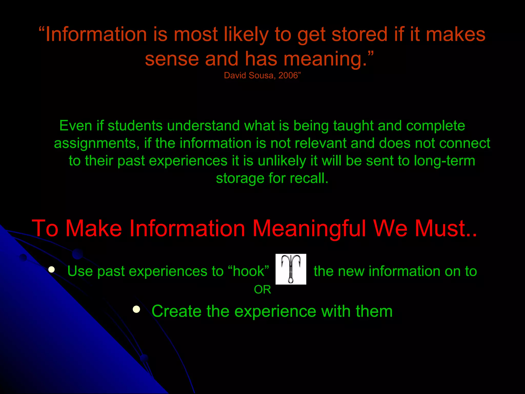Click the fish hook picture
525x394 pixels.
click(x=291, y=269)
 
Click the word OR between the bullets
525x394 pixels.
click(x=262, y=290)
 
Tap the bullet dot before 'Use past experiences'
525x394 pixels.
click(x=52, y=269)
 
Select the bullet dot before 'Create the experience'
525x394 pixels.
click(x=136, y=309)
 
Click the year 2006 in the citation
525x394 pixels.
click(x=288, y=75)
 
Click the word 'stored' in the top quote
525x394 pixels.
click(x=359, y=34)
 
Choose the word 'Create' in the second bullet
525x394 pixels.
click(x=176, y=311)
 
